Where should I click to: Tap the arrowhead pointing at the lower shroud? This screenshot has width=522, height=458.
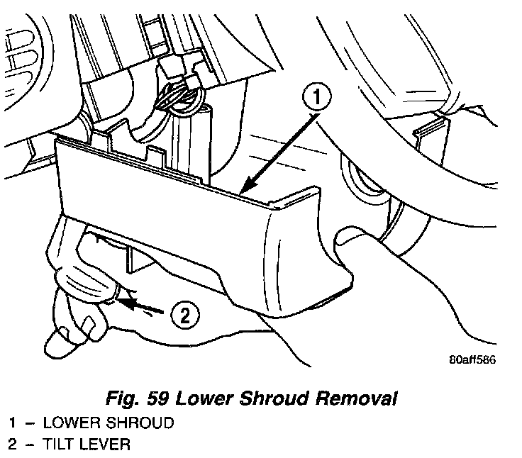(244, 188)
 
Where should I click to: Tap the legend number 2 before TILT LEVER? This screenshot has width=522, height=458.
(13, 445)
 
